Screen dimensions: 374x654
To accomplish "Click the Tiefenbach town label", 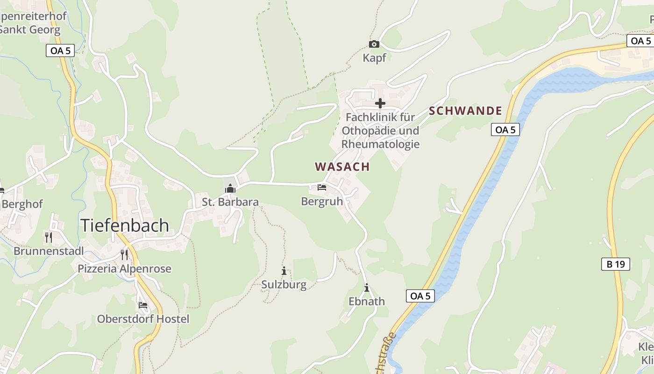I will point(125,225).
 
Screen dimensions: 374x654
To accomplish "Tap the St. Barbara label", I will point(230,202).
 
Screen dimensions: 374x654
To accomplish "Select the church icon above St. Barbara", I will point(230,188).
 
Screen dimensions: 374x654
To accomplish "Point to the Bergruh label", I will point(322,201).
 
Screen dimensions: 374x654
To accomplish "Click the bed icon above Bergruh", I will point(322,187).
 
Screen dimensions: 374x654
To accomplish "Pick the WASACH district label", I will point(342,167).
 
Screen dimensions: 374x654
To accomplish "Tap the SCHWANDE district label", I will point(465,111).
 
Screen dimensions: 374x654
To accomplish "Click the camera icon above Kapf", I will point(374,44).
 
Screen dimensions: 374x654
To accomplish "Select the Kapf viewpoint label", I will point(375,58).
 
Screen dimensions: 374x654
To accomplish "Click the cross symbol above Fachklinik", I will point(380,103).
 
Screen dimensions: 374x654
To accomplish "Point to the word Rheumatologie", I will point(380,144).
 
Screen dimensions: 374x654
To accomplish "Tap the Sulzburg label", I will point(284,285).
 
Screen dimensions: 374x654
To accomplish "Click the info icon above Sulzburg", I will point(284,271).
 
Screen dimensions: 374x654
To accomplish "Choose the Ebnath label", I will point(367,302).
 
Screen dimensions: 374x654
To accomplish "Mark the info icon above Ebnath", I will point(367,288).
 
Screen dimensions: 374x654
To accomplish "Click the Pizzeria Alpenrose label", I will point(124,269).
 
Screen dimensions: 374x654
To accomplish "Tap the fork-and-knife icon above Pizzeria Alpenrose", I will point(124,254).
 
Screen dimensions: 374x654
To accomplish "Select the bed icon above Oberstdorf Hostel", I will point(143,305).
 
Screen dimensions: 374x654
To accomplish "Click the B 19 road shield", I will point(616,264).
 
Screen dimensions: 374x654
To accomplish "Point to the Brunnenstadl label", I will point(49,251).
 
